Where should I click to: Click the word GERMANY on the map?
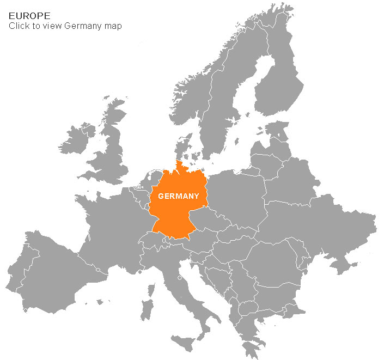(178, 196)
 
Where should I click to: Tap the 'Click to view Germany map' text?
(65, 26)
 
